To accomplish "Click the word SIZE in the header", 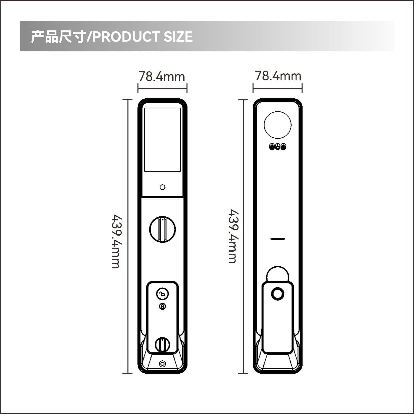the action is coord(178,36).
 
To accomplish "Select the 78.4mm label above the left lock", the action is coord(161,76).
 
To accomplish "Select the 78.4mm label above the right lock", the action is coord(278,76).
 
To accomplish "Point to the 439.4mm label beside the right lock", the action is coord(234,236).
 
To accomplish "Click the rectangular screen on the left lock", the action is coord(162,140).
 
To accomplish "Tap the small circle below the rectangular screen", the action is coord(162,187).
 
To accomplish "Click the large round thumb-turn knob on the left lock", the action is coord(162,229).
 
